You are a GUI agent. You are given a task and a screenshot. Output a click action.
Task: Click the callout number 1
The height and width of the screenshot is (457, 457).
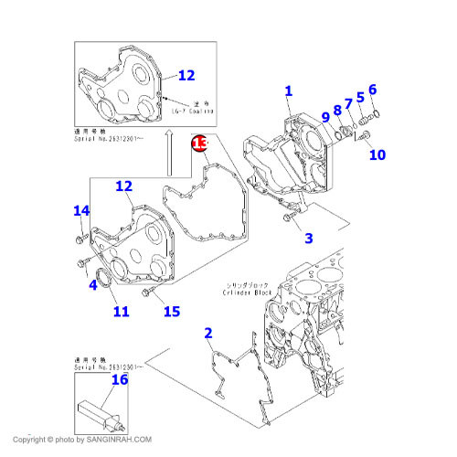coord(288,90)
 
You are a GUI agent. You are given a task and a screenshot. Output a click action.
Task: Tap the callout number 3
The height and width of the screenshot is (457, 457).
coord(309,239)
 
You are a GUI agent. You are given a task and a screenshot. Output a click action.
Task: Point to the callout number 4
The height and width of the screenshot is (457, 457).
coord(92,285)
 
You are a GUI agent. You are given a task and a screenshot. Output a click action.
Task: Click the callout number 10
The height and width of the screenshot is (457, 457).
coord(377,154)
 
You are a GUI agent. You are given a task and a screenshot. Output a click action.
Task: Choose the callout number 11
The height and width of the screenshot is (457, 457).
coord(121,313)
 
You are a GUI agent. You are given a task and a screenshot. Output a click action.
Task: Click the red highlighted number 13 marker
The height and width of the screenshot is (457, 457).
coord(199,143)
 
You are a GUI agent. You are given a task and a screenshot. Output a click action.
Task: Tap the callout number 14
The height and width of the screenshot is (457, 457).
coord(80,211)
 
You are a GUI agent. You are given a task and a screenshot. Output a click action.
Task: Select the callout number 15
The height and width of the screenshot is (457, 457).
coord(171,312)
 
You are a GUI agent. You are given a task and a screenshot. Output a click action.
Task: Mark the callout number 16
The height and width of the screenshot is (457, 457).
coord(120,379)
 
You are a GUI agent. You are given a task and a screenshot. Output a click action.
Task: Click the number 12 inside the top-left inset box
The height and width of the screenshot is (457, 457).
coord(186,75)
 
